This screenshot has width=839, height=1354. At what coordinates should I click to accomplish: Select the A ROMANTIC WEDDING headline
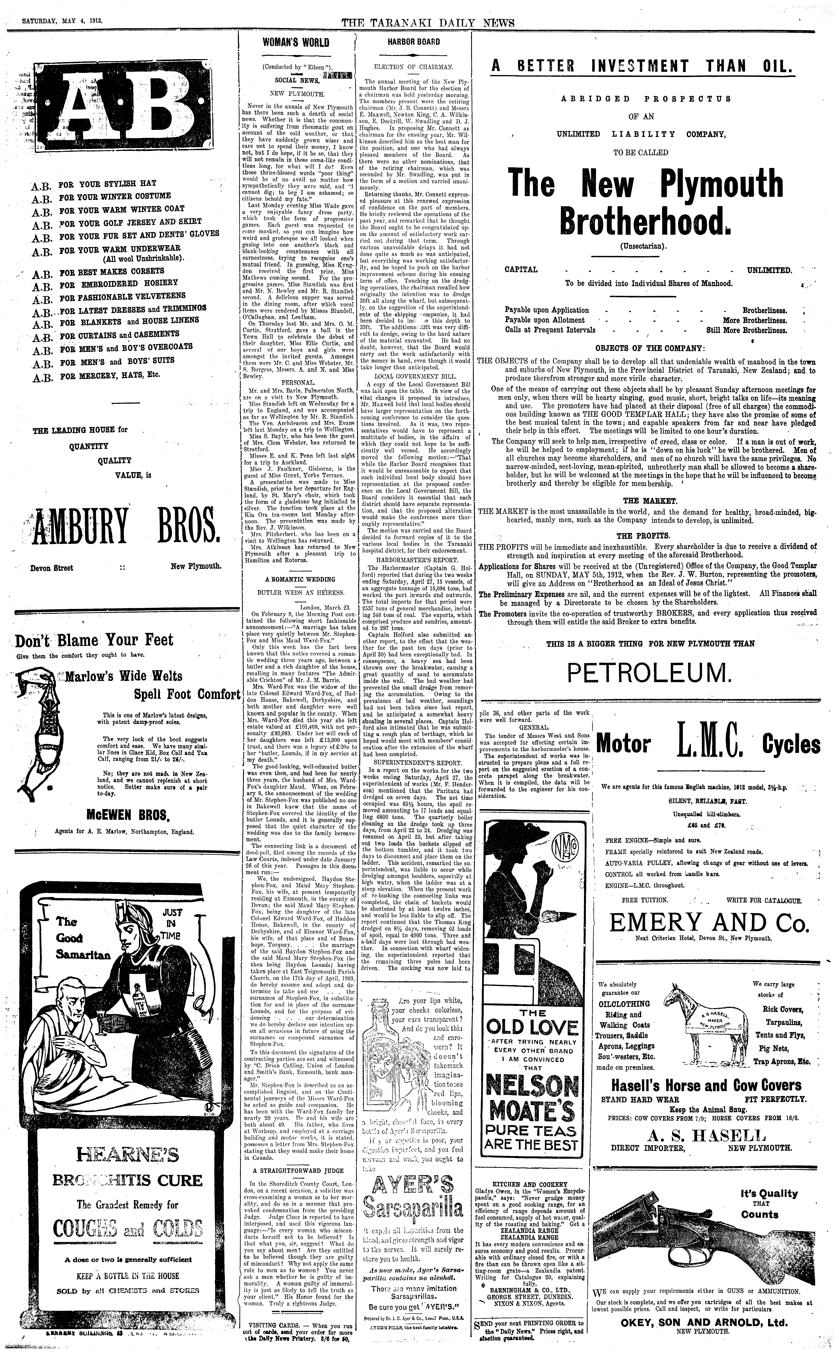tap(300, 579)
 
